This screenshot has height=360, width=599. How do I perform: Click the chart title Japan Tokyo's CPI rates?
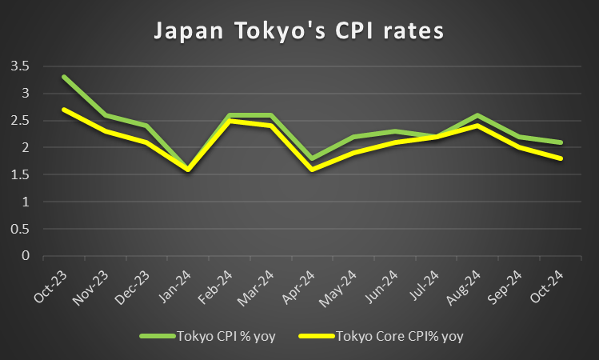[x=299, y=31]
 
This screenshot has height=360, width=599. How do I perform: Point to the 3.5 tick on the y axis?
[x=20, y=66]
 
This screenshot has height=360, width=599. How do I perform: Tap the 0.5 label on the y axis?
[x=20, y=229]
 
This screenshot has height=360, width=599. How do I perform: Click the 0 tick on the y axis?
[x=26, y=256]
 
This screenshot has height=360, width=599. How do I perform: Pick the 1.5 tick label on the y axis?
[x=20, y=174]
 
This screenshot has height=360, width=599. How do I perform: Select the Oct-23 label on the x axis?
[x=50, y=287]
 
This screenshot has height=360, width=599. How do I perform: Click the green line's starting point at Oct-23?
[x=63, y=77]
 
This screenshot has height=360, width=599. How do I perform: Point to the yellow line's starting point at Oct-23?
[x=63, y=110]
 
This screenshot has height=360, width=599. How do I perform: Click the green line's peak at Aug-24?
[x=478, y=115]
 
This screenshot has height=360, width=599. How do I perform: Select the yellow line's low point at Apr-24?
[x=312, y=170]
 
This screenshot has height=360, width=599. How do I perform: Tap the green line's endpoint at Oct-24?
[x=561, y=142]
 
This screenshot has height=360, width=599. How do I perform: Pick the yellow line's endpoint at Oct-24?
[x=561, y=158]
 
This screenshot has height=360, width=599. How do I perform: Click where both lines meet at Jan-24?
[x=188, y=170]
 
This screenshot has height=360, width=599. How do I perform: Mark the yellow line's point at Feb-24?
[x=230, y=121]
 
